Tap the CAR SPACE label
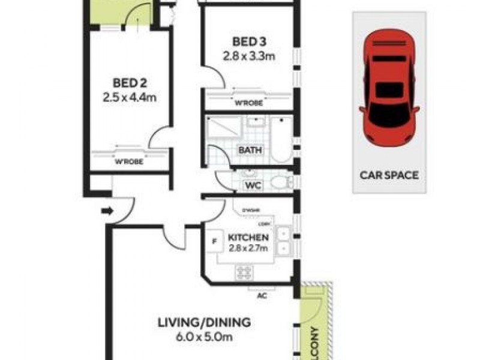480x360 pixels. pos(389,176)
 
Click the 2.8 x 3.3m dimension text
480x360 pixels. pos(249,57)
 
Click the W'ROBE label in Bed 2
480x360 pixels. pos(130,161)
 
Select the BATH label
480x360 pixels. pos(250,150)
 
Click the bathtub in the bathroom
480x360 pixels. pos(280,139)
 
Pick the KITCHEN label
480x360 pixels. pos(248,238)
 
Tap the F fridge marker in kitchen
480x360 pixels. pos(214,242)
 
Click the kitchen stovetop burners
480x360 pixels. pos(244,272)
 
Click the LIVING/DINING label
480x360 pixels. pos(204,322)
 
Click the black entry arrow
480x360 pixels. pos(108,211)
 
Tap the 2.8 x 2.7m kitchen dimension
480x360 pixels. pos(248,248)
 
